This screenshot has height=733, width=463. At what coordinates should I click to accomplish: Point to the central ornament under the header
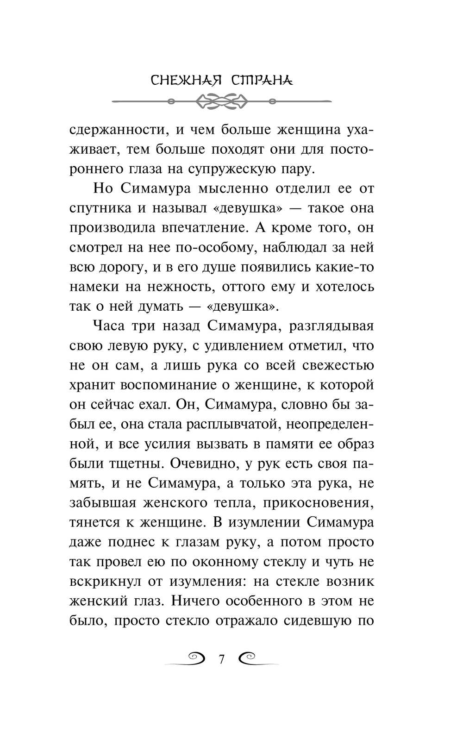222,100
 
